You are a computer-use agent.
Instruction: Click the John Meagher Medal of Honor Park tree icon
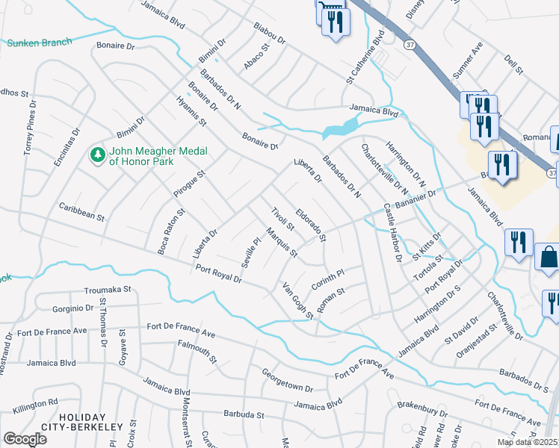(x=96, y=155)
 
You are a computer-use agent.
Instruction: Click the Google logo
(x=25, y=439)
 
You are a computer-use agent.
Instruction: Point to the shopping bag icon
(x=548, y=257)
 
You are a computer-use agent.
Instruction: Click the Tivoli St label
(x=284, y=220)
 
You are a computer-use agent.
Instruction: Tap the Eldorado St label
(x=311, y=225)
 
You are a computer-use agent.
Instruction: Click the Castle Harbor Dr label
(x=393, y=232)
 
